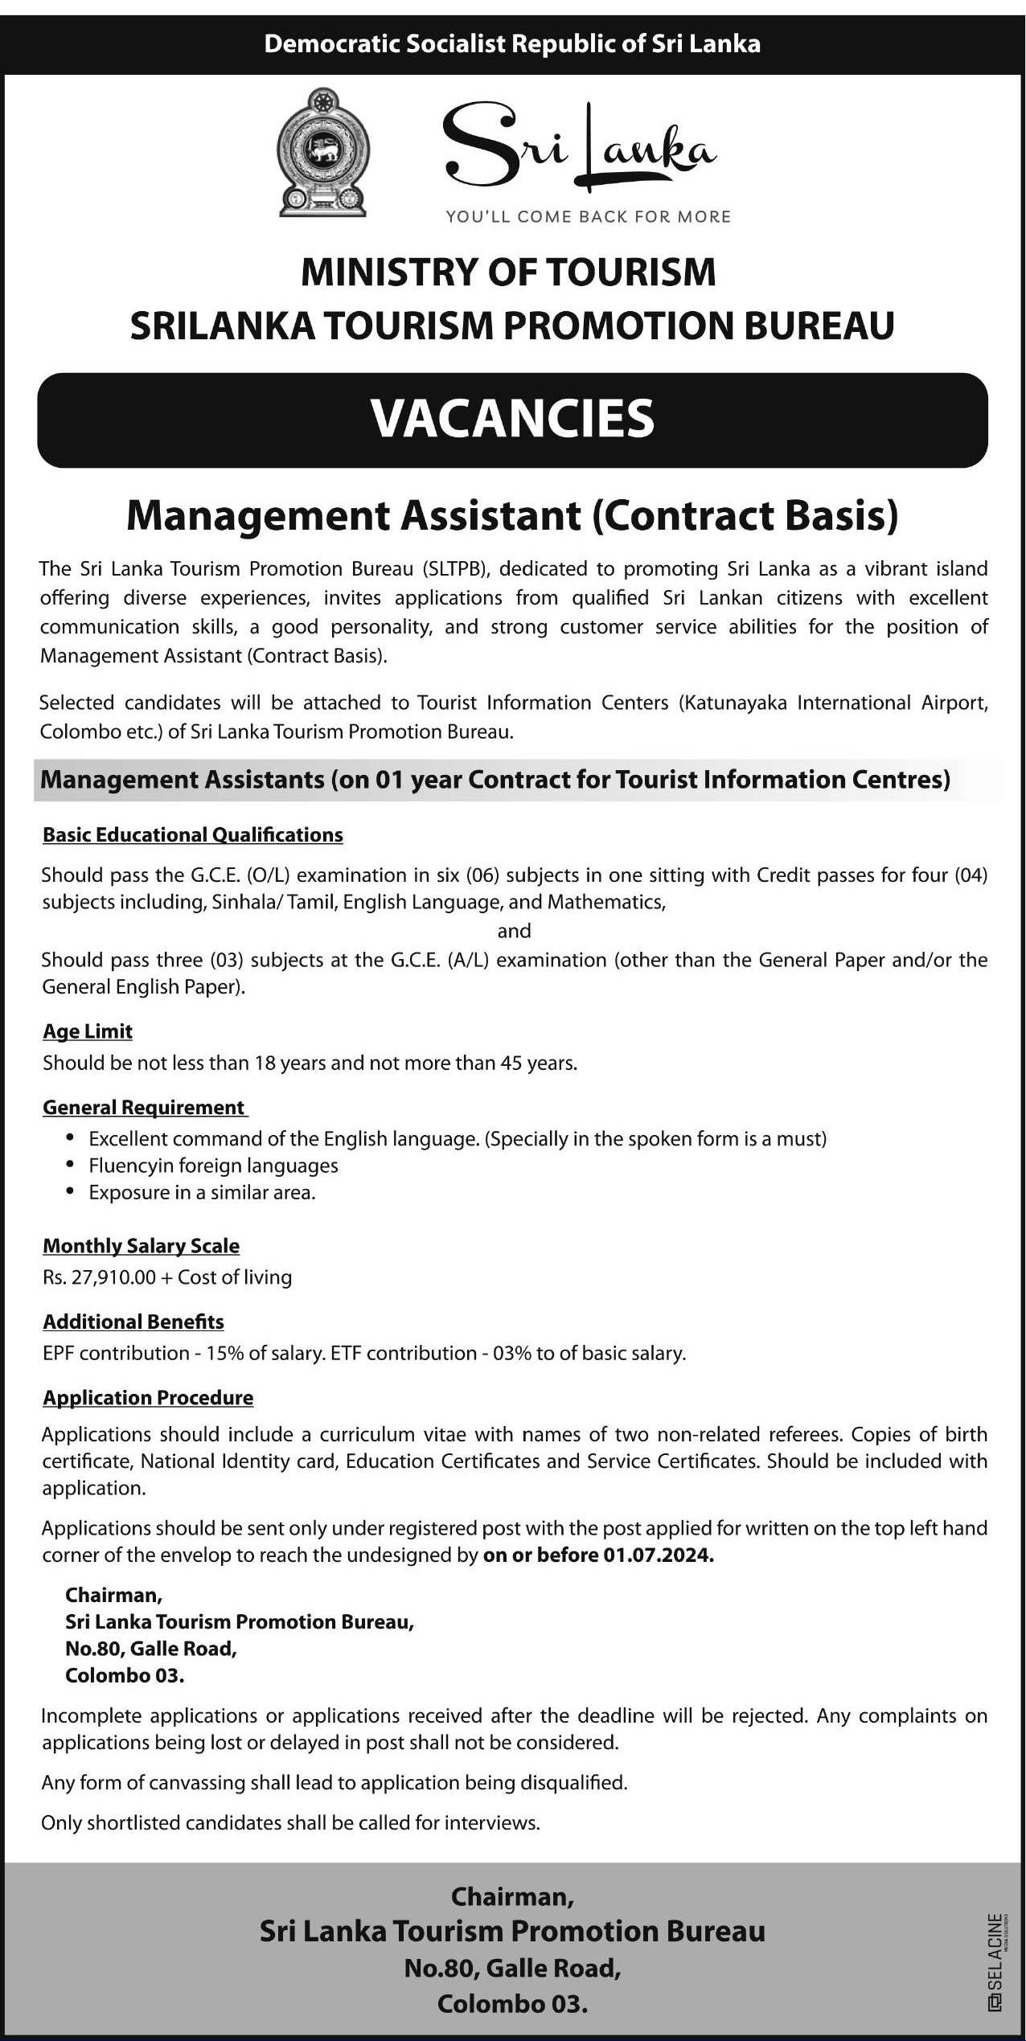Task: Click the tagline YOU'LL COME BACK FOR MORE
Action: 589,216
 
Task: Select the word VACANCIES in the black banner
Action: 512,419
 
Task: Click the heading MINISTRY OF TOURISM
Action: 508,272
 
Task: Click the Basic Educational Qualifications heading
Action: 193,835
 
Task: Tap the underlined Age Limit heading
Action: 88,1031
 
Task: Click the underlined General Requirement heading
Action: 145,1108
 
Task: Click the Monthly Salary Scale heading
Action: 142,1246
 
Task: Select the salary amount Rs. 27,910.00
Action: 99,1277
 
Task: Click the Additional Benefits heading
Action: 133,1322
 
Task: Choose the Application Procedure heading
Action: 148,1398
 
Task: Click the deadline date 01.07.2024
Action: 658,1555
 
